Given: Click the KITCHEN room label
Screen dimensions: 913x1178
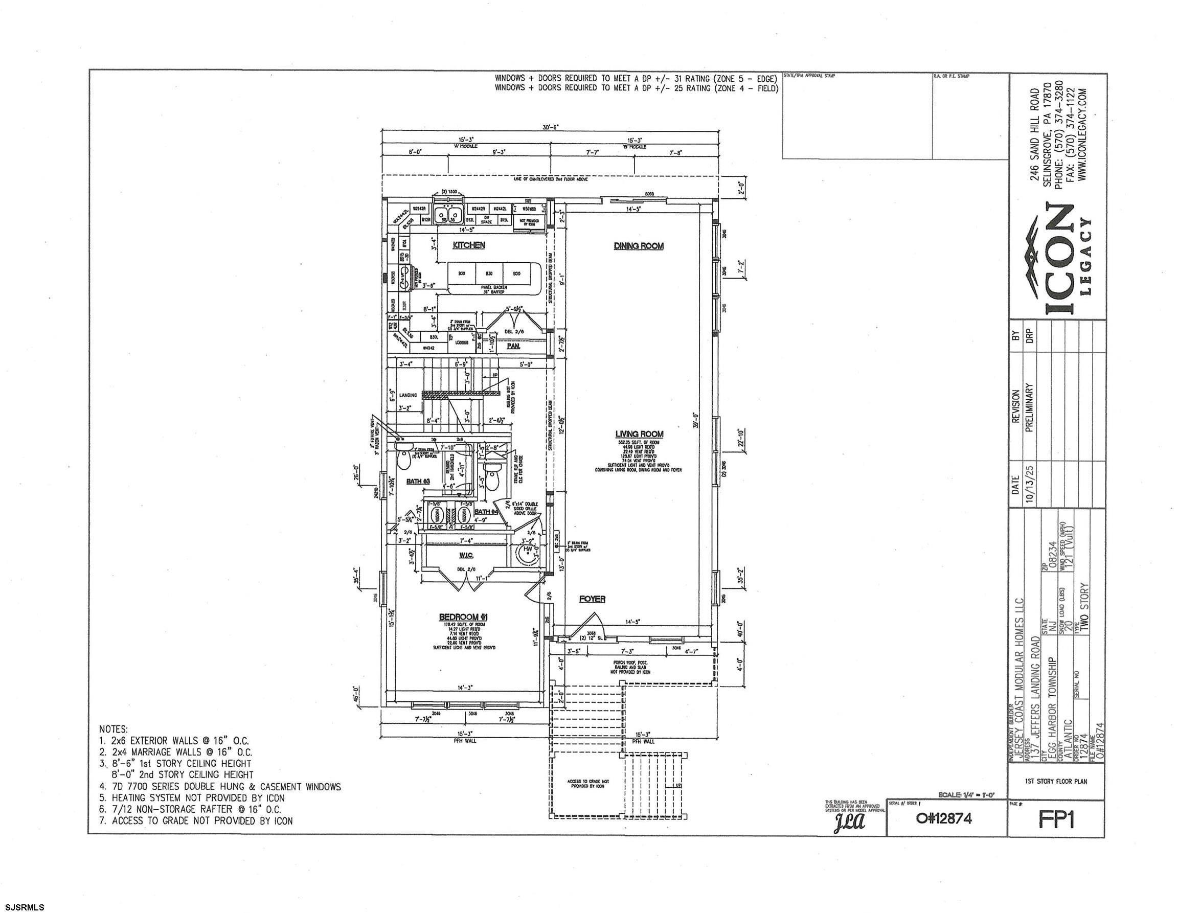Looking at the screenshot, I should (x=468, y=245).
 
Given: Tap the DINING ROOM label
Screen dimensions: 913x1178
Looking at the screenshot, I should (x=639, y=246).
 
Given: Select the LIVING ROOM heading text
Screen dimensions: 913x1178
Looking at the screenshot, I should (x=639, y=434).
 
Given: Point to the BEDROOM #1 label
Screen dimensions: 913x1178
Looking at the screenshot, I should (x=463, y=617).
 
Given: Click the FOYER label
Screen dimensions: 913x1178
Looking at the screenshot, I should (x=592, y=599).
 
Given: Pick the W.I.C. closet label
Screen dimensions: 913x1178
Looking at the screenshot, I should (x=466, y=555).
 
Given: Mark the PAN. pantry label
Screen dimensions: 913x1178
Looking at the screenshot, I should (x=513, y=346).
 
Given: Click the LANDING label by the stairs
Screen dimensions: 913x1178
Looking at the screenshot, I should (x=408, y=395).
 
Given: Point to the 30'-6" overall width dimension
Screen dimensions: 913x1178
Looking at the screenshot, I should (x=550, y=127).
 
